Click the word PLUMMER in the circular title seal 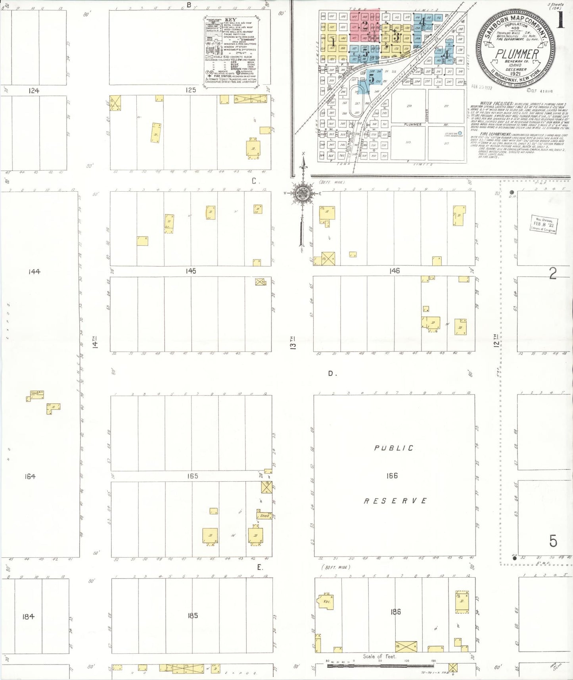point(517,54)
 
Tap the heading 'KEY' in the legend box point(230,19)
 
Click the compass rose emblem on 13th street point(302,193)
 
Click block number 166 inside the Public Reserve point(392,476)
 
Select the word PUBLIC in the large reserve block point(393,448)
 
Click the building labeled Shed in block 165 point(265,516)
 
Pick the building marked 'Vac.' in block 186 point(326,601)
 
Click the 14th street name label point(95,342)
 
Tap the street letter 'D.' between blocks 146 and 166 point(332,373)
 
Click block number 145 point(190,271)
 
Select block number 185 point(192,616)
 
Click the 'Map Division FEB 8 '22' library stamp point(543,225)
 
